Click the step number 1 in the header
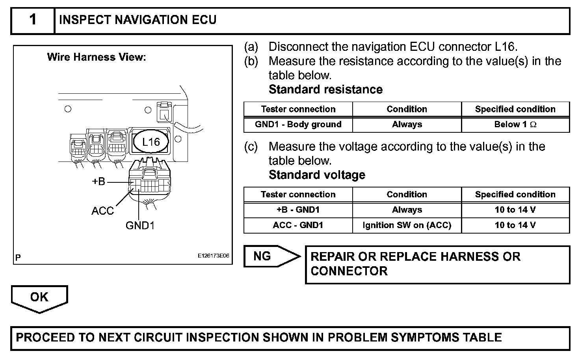point(33,20)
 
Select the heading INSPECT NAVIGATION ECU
point(138,20)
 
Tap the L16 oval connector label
point(151,142)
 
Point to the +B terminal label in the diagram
point(99,182)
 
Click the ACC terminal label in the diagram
point(102,211)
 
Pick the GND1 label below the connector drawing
point(140,225)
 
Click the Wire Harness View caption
point(97,58)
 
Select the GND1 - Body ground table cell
point(298,124)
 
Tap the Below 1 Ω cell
point(515,124)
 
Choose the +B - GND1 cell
point(298,210)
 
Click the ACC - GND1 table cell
point(298,225)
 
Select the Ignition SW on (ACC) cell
point(407,225)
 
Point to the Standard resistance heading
point(325,89)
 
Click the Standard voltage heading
point(317,175)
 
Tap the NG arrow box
point(268,256)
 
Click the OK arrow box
point(39,297)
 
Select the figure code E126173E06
point(213,256)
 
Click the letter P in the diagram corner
point(18,258)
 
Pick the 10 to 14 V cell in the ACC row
point(515,225)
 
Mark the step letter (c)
point(251,147)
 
